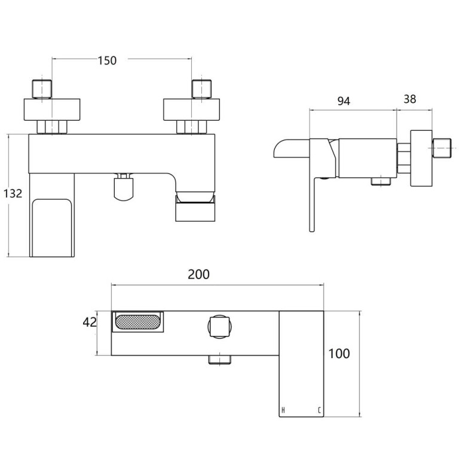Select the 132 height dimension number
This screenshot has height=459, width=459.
[x=13, y=194]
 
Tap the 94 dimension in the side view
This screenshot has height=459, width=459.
[x=343, y=101]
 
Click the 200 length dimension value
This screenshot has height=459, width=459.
[x=198, y=274]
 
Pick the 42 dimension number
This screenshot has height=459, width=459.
[x=90, y=323]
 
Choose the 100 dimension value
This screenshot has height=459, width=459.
[x=338, y=353]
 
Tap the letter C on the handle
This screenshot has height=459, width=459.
[x=319, y=409]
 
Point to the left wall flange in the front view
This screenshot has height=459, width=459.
[x=53, y=109]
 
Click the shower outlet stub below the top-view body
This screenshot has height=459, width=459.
[x=219, y=359]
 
